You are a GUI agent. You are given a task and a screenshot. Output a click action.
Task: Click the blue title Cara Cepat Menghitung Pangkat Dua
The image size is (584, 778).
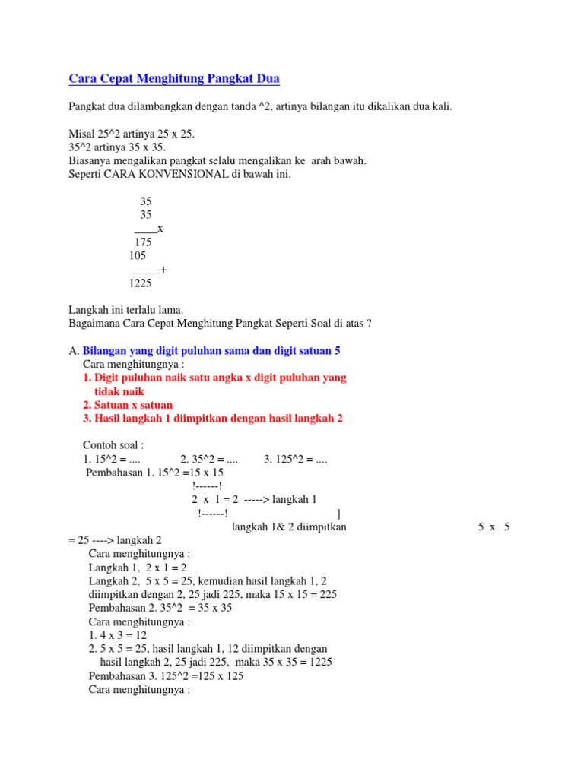coord(174,78)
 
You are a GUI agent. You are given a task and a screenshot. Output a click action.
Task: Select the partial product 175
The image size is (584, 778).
coord(143,242)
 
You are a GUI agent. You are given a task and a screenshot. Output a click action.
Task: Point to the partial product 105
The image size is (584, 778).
coord(138,256)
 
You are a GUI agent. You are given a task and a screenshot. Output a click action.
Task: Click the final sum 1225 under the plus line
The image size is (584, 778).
coord(140,283)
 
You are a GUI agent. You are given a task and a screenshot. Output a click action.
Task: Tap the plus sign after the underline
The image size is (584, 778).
coord(164,270)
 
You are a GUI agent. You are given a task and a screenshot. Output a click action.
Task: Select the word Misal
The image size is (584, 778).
coord(81,133)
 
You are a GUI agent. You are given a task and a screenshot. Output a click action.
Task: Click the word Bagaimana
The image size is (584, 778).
coord(97,324)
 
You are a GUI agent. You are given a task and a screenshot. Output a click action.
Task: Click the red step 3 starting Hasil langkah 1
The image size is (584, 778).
coord(217,419)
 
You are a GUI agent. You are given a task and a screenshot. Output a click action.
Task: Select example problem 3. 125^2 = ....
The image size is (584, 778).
coord(296,460)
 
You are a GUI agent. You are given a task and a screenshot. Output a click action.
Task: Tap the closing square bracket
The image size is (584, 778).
coord(338,514)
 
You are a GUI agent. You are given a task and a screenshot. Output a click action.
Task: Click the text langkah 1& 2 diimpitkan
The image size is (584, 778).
coord(289,527)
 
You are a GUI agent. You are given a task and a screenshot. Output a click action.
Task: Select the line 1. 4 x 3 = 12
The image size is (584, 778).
coord(118,635)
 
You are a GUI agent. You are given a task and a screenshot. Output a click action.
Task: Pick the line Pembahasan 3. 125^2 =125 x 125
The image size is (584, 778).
coord(166,676)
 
